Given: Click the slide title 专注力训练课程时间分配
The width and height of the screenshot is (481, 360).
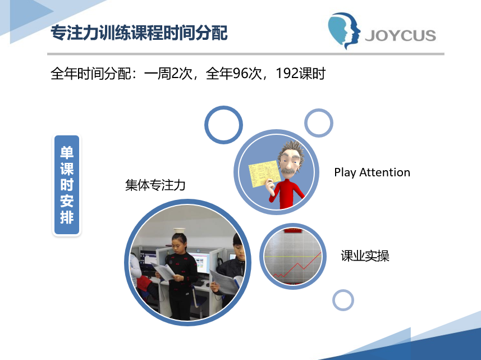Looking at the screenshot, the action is [x=139, y=33].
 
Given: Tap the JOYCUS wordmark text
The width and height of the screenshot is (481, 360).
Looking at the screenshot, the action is [x=400, y=35].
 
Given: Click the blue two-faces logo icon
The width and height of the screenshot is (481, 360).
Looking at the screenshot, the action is [x=344, y=31].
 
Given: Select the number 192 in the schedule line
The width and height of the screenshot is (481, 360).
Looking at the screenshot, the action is [x=287, y=74].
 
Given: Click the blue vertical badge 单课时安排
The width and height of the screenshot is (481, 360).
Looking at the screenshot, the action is [x=67, y=185].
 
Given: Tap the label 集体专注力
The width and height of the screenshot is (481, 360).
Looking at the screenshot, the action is [x=155, y=185].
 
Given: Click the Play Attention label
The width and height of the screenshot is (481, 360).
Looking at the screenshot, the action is [x=372, y=172].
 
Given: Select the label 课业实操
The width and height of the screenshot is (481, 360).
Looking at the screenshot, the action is [x=365, y=256].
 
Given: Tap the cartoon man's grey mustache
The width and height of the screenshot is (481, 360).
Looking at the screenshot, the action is [x=288, y=170].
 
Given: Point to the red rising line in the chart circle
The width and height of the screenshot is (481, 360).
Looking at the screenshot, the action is [x=297, y=265].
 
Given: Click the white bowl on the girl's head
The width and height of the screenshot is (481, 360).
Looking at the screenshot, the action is [x=180, y=230].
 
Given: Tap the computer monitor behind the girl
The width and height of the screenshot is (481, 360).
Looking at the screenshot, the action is [x=199, y=262].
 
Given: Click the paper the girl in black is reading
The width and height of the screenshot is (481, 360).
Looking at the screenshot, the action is [x=164, y=272].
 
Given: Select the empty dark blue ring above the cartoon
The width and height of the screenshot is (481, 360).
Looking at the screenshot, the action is [x=223, y=107].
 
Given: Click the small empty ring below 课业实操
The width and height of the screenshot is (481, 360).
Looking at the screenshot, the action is [x=343, y=290].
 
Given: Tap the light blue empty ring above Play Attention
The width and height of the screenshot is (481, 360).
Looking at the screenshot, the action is [x=319, y=110].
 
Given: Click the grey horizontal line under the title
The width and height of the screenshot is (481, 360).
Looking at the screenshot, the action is [x=246, y=54].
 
